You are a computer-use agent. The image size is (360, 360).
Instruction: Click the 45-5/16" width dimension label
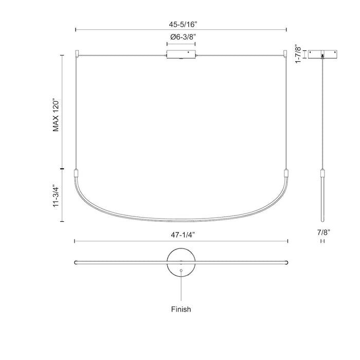(x=181, y=23)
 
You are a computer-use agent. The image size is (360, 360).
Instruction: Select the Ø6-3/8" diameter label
(x=181, y=37)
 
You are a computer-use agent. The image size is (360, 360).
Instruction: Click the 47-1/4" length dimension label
(x=181, y=234)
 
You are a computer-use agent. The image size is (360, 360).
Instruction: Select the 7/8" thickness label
(x=322, y=233)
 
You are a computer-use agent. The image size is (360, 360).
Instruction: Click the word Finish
(x=181, y=310)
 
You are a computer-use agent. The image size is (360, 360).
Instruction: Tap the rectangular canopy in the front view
(x=181, y=55)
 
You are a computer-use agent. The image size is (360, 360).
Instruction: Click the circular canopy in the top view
(x=181, y=261)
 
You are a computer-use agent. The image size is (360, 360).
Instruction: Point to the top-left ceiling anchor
(x=77, y=52)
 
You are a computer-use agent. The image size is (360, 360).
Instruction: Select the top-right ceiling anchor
(x=285, y=52)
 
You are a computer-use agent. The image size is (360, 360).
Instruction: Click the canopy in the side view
(x=322, y=55)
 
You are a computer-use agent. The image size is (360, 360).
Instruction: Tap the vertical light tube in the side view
(x=322, y=190)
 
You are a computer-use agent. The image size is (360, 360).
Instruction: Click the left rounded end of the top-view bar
(x=76, y=261)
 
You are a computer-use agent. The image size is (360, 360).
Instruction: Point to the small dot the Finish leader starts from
(x=181, y=269)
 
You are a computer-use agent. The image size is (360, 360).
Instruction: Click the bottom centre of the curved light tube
(x=181, y=219)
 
